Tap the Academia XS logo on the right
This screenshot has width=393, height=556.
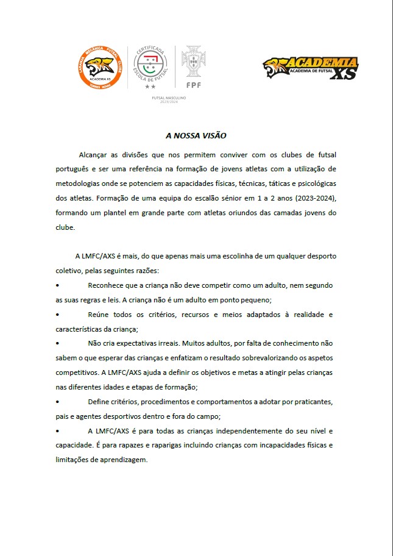point(311,68)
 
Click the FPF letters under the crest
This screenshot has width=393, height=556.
point(194,85)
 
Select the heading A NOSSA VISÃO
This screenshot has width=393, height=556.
point(196,136)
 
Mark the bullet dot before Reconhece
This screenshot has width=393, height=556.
point(57,285)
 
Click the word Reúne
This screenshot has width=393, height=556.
point(99,315)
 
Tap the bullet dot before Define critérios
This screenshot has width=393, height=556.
point(57,402)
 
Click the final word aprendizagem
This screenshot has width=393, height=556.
point(124,460)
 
